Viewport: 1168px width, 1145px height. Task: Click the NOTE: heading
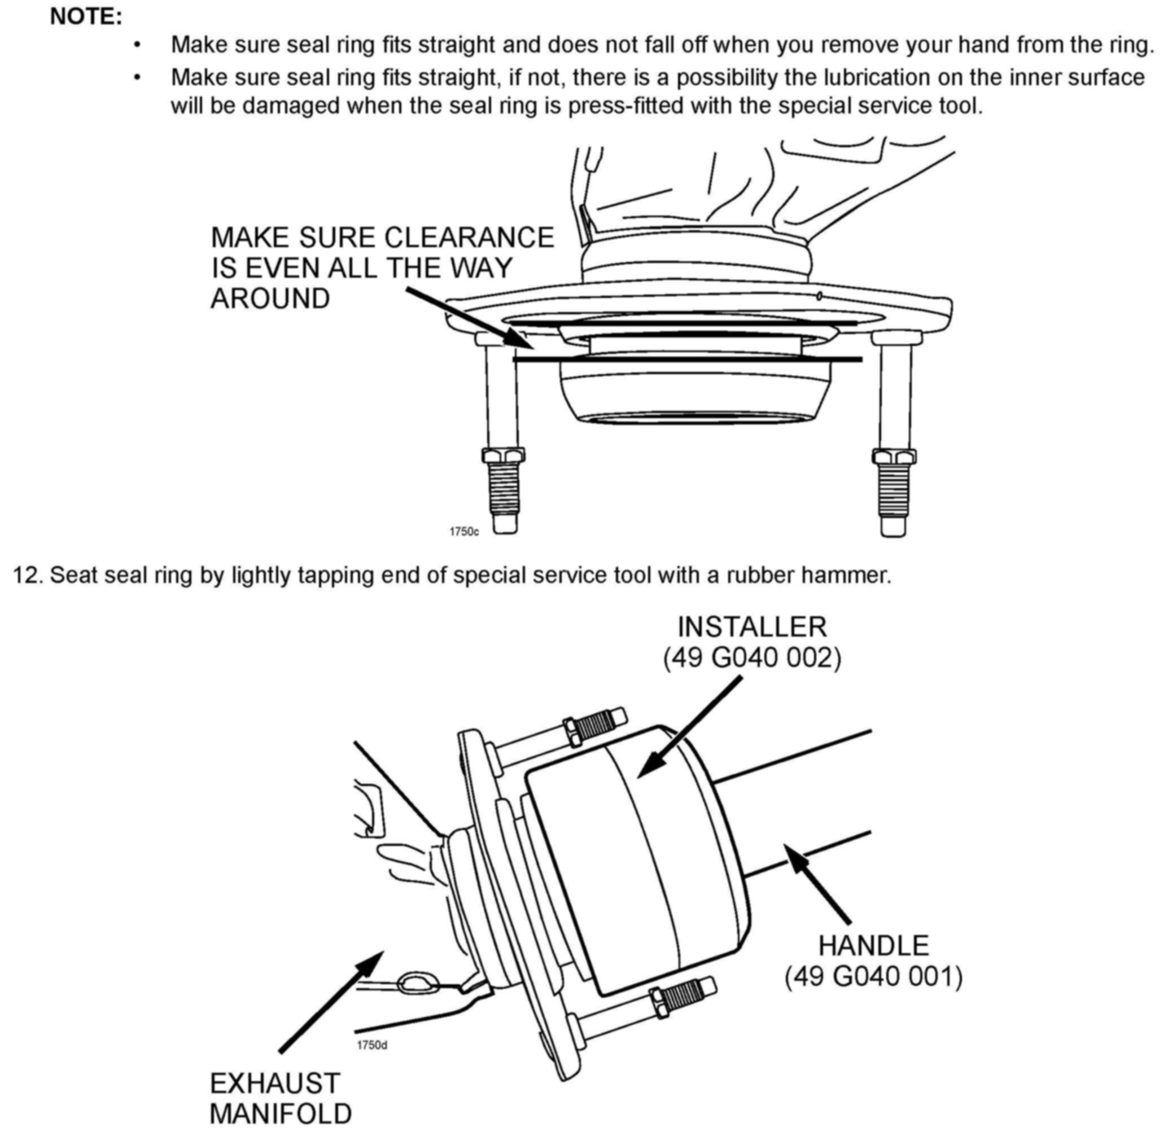click(x=86, y=17)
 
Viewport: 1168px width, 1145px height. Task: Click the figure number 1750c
click(x=464, y=532)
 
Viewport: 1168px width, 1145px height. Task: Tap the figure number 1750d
click(x=371, y=1045)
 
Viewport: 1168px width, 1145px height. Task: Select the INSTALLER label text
click(x=752, y=627)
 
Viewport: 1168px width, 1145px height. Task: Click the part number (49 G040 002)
click(x=752, y=659)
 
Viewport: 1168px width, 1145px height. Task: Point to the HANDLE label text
click(x=873, y=945)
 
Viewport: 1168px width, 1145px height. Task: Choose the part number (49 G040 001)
click(x=873, y=977)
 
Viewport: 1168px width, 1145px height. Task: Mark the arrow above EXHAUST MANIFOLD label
click(x=331, y=1001)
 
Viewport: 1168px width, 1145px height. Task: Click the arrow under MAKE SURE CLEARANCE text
click(x=469, y=318)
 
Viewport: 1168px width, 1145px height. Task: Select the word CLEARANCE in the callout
click(x=469, y=238)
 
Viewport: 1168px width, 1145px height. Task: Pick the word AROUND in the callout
click(x=270, y=299)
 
